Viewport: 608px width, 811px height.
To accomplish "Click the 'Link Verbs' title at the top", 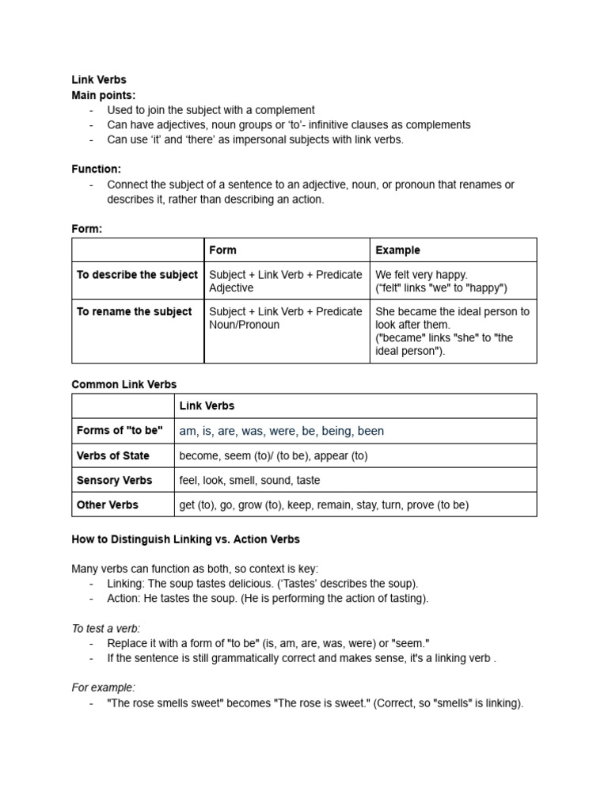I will (x=99, y=80).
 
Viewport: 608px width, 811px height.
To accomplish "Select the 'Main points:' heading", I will (x=103, y=95).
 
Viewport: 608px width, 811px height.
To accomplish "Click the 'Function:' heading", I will (x=96, y=169).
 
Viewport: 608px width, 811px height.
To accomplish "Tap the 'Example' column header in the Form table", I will (x=397, y=250).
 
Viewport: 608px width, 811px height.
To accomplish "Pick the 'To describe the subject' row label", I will (x=137, y=275).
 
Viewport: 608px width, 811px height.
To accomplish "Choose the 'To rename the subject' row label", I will (x=134, y=311).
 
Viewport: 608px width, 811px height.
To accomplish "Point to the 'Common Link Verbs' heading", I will (x=124, y=384).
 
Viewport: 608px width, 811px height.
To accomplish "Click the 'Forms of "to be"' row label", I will (x=120, y=431).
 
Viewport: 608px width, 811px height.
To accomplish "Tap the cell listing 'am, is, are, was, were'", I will (x=281, y=431).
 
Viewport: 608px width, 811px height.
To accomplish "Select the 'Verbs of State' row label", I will (x=113, y=455).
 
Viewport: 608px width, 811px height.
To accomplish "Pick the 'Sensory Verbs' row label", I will (x=114, y=480).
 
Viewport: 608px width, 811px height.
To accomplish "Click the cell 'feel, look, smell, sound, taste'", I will (x=249, y=480).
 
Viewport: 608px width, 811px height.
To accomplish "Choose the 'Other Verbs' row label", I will (x=108, y=504).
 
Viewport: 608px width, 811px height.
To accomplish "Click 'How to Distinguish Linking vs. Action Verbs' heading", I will (x=185, y=539).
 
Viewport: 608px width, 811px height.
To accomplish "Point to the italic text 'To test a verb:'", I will (x=106, y=628).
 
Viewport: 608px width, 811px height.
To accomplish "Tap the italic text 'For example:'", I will (x=103, y=687).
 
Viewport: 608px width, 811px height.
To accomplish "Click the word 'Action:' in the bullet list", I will (x=125, y=598).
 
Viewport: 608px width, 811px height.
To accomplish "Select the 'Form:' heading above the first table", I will (x=87, y=229).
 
